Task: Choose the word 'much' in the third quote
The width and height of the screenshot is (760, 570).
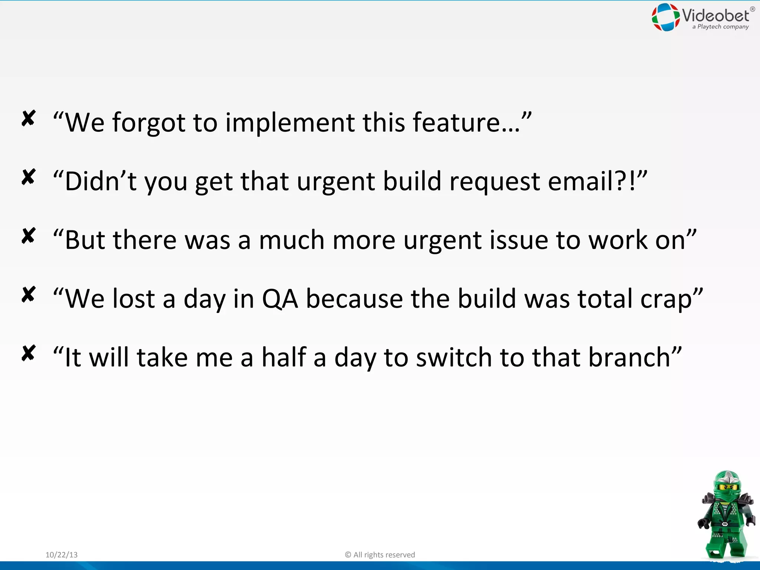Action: [x=291, y=240]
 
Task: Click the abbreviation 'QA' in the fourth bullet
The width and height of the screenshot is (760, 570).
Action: [x=280, y=299]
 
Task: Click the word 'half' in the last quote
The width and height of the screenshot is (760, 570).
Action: [x=284, y=357]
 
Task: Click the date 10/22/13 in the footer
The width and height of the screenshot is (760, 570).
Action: [x=62, y=555]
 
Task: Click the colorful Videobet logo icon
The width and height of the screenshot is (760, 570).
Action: [x=665, y=17]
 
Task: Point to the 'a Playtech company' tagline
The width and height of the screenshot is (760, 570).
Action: [x=720, y=27]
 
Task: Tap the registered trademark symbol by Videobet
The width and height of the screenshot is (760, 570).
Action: [x=753, y=9]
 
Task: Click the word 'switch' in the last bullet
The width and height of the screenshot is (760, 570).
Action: [x=454, y=357]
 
